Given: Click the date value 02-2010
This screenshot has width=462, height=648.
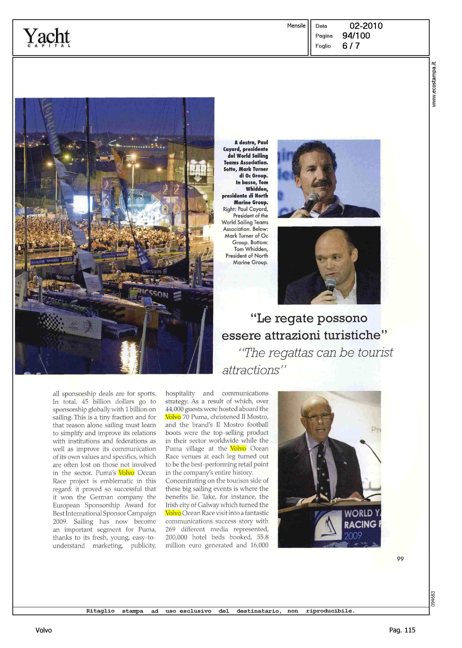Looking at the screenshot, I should (x=366, y=26).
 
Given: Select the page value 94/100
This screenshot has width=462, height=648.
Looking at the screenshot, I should (x=356, y=36).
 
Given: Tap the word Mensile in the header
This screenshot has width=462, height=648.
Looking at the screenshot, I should (x=296, y=26).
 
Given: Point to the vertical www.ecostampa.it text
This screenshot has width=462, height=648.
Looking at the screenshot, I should (x=433, y=84).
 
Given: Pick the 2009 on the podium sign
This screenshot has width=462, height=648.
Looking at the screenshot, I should (x=353, y=536).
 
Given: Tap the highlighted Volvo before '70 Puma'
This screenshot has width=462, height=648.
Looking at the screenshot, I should (x=173, y=417).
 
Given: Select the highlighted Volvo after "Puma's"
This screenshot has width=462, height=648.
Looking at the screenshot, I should (x=126, y=473).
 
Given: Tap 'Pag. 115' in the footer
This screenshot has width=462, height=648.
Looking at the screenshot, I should (x=402, y=630).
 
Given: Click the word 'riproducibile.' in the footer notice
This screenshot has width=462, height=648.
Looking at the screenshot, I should (x=330, y=611).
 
